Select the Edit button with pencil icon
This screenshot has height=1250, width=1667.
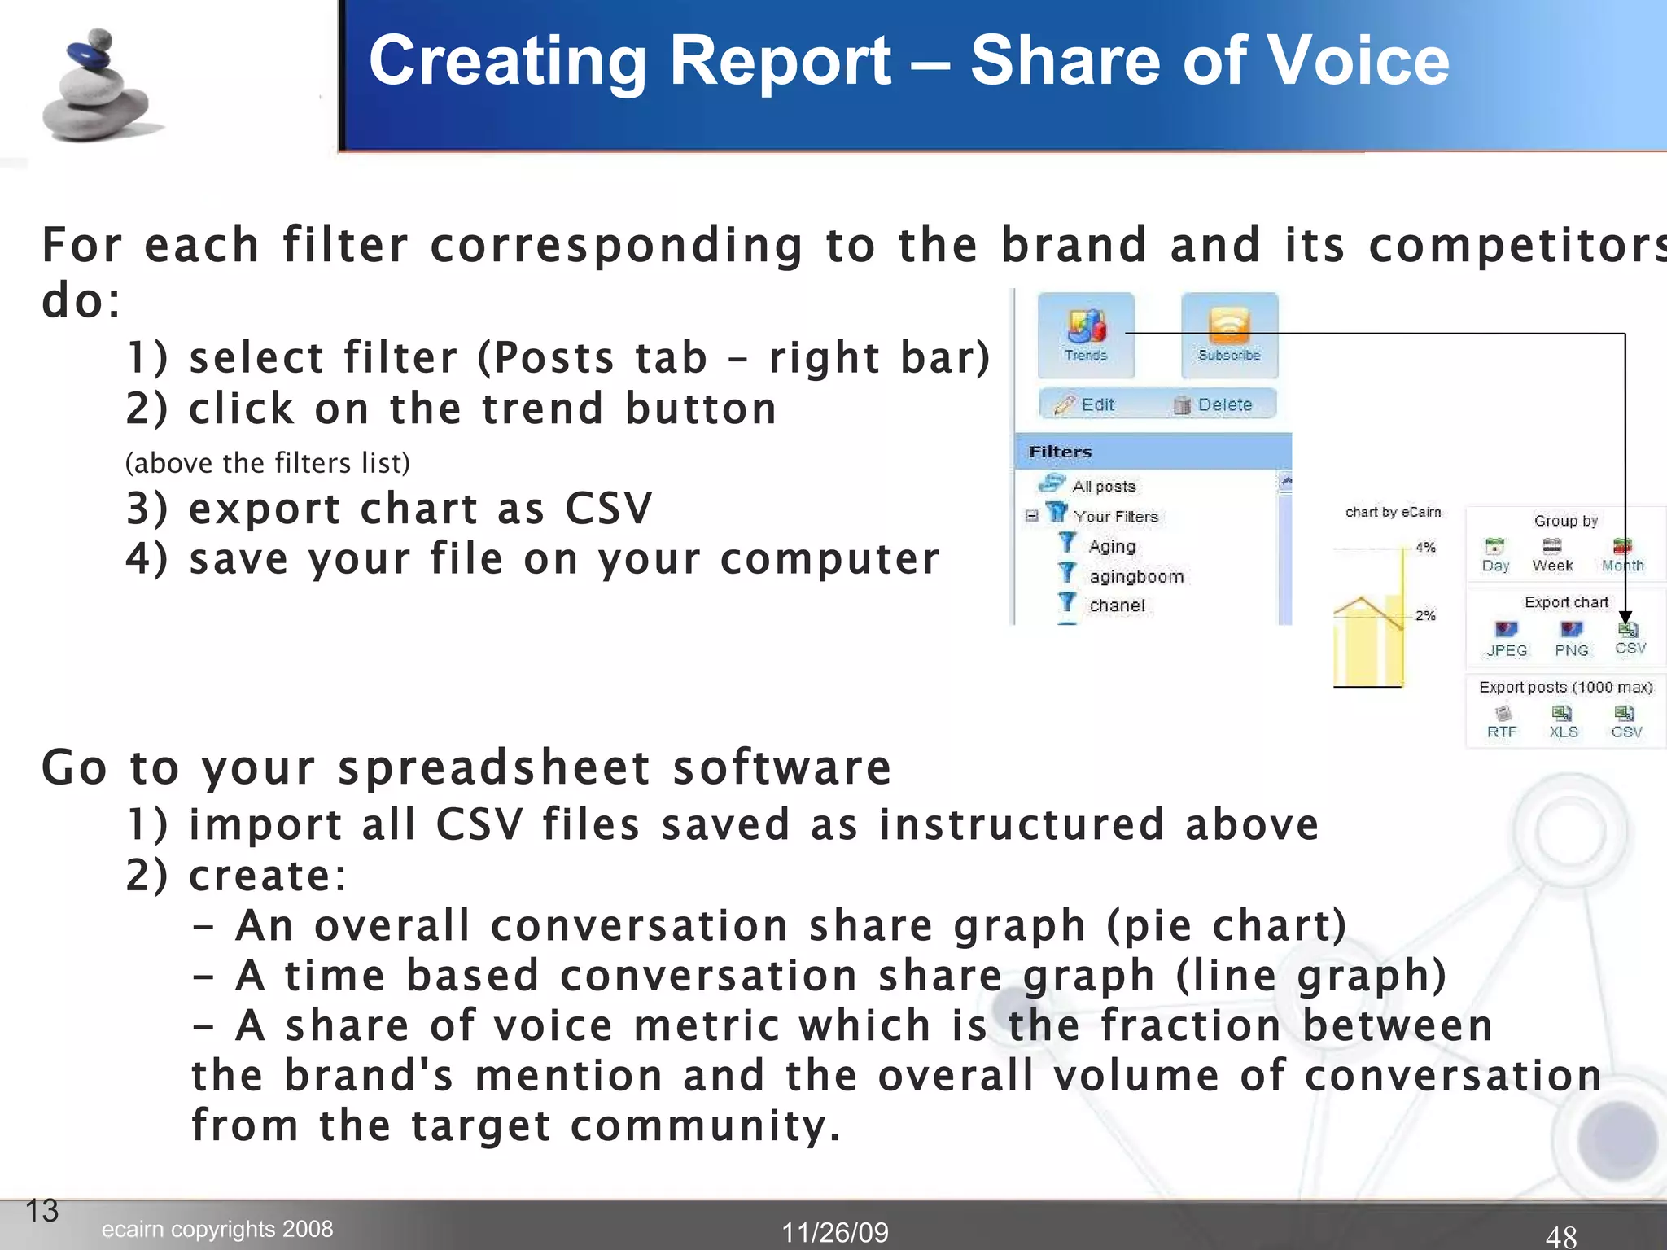tap(1085, 404)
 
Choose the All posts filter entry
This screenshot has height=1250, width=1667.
tap(1103, 486)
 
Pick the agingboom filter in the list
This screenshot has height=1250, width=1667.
tap(1135, 576)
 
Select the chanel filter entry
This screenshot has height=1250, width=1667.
tap(1116, 605)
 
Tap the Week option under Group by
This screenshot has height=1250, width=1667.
tap(1552, 555)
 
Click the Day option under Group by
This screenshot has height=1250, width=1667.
tap(1495, 555)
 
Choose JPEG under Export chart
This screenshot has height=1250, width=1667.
tap(1507, 639)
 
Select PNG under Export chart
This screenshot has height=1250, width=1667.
tap(1571, 639)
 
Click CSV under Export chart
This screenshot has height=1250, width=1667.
tap(1630, 638)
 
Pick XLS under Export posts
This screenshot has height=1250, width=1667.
tap(1563, 721)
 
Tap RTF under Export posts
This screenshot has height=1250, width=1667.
tap(1502, 721)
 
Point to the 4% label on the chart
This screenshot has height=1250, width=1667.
tap(1425, 547)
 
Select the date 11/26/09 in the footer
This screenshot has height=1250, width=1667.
tap(834, 1232)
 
